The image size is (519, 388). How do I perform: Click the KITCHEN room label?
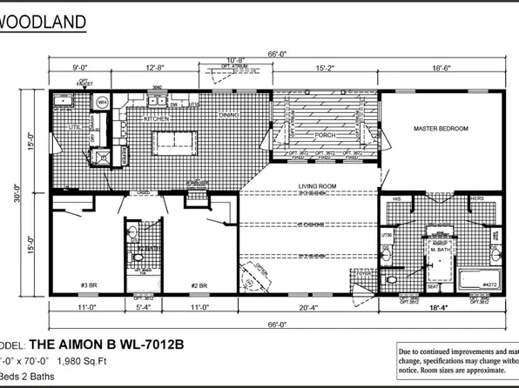click(156, 117)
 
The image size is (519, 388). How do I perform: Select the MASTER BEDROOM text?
click(440, 128)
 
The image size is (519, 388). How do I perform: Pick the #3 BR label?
click(89, 285)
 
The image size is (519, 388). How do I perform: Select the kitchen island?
click(178, 140)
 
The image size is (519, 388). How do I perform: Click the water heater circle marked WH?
click(102, 103)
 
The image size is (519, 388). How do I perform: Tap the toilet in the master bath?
click(391, 279)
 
